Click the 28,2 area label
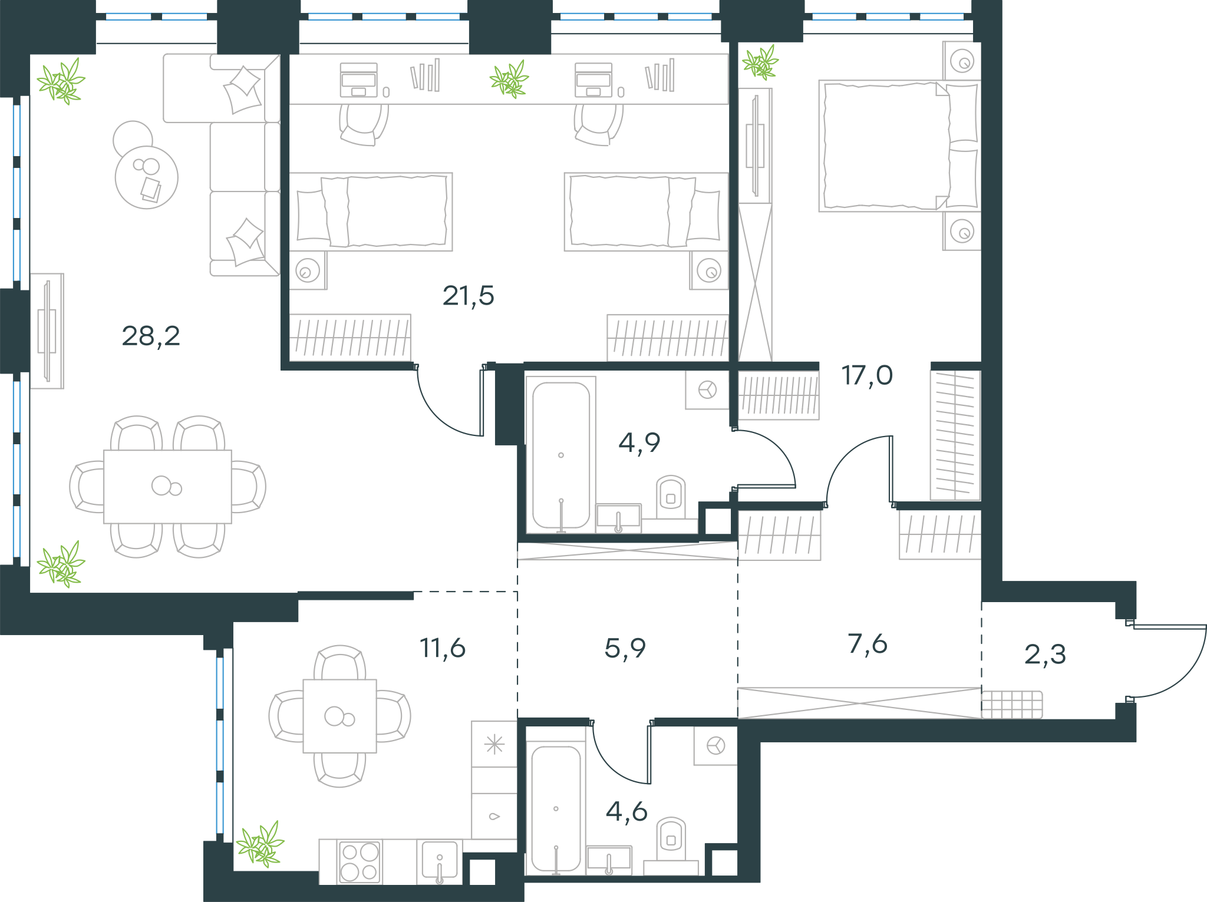coord(151,336)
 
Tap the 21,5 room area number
coord(469,296)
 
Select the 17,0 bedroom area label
coord(867,375)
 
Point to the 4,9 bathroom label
coord(639,442)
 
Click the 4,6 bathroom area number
coord(626,812)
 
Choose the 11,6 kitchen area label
coord(443,648)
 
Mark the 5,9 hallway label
coord(625,648)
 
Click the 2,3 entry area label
coord(1046,655)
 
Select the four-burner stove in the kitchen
coord(360,862)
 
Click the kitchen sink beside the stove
coord(440,862)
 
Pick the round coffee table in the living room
coord(147,177)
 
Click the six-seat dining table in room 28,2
coord(167,487)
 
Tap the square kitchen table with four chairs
coord(339,716)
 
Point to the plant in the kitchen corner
coord(260,844)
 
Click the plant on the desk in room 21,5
coord(509,79)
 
